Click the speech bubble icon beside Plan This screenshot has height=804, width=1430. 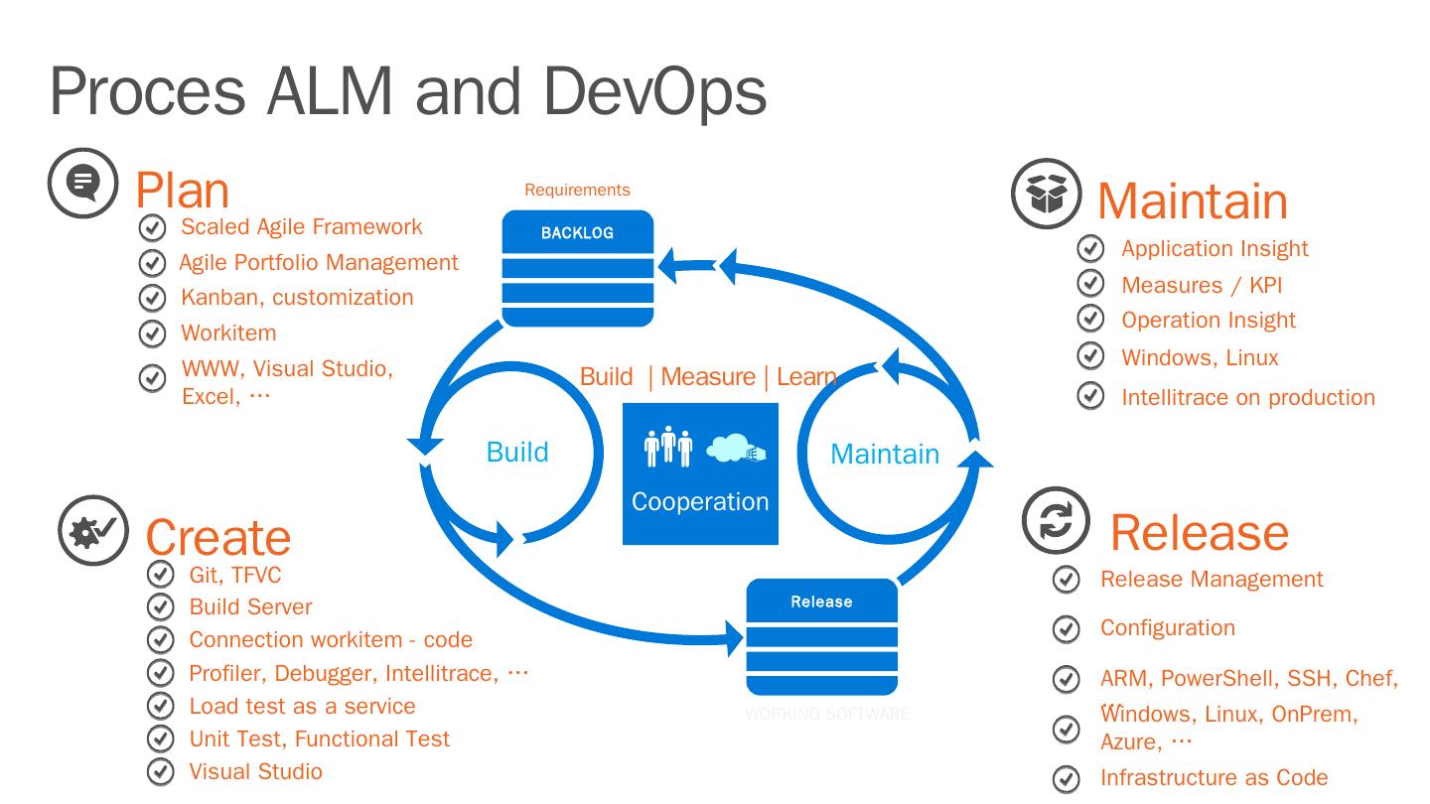(83, 183)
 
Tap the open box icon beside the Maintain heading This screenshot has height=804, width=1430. (1046, 194)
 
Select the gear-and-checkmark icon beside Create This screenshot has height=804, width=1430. (93, 531)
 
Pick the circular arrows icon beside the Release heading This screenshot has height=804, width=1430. (1056, 520)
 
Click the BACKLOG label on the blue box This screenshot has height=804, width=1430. (577, 233)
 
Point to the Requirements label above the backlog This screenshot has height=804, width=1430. (577, 190)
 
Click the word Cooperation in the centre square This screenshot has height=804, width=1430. (700, 501)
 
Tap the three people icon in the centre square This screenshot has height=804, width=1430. (667, 447)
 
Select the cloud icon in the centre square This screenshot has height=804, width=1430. (735, 449)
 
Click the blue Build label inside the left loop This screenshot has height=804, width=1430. (517, 453)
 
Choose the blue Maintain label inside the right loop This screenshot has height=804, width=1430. (885, 454)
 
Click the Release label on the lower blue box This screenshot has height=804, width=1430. (821, 602)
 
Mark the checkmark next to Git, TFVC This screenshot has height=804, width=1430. (160, 574)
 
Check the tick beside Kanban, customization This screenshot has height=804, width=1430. (152, 298)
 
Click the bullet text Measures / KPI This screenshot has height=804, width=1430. (1202, 285)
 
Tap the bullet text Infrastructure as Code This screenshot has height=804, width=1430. (1214, 777)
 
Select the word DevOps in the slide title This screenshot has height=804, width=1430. (654, 91)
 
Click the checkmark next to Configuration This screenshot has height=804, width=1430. (1066, 628)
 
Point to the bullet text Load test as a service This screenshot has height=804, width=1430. (302, 706)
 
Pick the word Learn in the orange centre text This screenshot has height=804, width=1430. (805, 377)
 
